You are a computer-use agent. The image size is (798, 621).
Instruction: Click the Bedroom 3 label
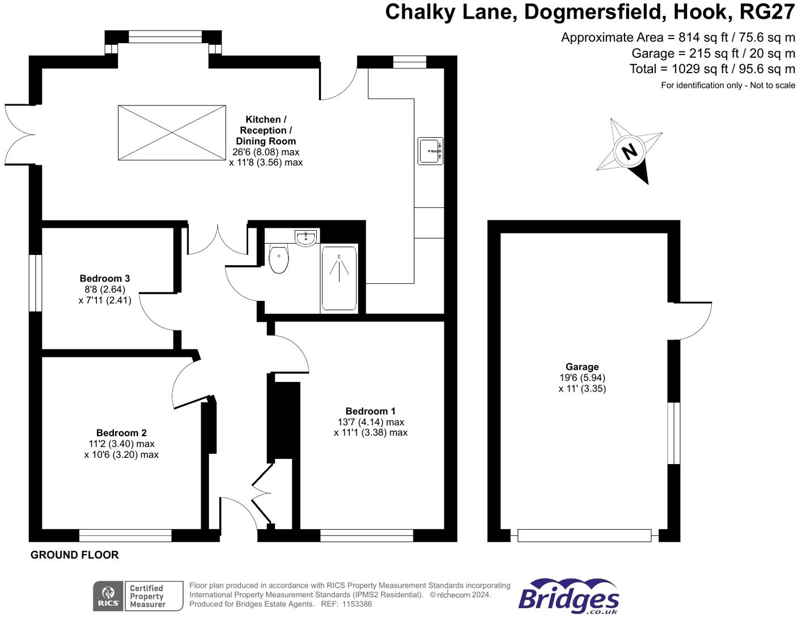[105, 278]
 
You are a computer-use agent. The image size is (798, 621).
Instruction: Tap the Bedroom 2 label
[121, 433]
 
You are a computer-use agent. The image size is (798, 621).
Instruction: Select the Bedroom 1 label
[371, 411]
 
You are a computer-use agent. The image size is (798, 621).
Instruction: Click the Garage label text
[582, 367]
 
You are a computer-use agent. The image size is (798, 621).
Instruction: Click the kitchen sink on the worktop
[430, 151]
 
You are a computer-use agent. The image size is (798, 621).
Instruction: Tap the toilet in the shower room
[279, 259]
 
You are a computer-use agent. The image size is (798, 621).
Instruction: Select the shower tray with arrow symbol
[339, 279]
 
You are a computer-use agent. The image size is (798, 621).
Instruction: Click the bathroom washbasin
[305, 238]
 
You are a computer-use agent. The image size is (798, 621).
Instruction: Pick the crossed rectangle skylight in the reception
[172, 133]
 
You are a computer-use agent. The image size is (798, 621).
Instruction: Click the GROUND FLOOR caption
[75, 555]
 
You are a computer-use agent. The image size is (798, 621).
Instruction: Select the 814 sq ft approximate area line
[678, 37]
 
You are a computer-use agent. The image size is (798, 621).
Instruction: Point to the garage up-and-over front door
[584, 535]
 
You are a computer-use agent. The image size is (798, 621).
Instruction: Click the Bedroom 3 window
[35, 283]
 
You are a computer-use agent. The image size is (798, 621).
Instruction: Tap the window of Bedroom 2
[125, 535]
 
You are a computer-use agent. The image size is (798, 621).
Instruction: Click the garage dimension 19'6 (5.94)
[582, 378]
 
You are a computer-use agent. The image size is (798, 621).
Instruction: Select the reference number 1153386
[357, 604]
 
